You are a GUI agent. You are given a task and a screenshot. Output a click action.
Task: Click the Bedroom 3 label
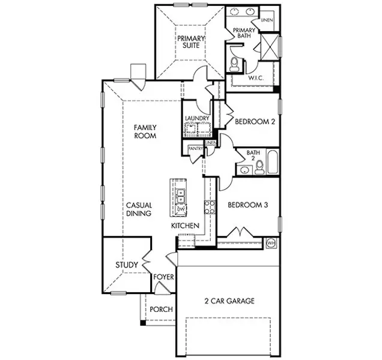coord(247,205)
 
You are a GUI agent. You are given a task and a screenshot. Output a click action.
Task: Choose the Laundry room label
coord(197,119)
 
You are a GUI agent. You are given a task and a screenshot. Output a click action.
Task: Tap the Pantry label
coord(196,148)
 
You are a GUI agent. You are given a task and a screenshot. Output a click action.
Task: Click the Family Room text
coord(145,131)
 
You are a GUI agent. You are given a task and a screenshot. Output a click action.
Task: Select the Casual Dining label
coord(138,209)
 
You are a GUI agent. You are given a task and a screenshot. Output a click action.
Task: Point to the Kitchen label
coord(185,226)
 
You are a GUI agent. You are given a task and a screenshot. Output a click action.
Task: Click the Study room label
coord(127,265)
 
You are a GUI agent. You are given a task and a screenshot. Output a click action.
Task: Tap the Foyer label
coord(163,277)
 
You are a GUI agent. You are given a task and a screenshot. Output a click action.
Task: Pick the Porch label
coord(161,310)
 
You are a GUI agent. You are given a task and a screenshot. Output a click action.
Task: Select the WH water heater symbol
coord(270,243)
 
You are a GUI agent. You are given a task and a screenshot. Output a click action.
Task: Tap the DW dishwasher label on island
coord(180,208)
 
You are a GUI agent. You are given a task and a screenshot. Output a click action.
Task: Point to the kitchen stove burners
coord(210,208)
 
